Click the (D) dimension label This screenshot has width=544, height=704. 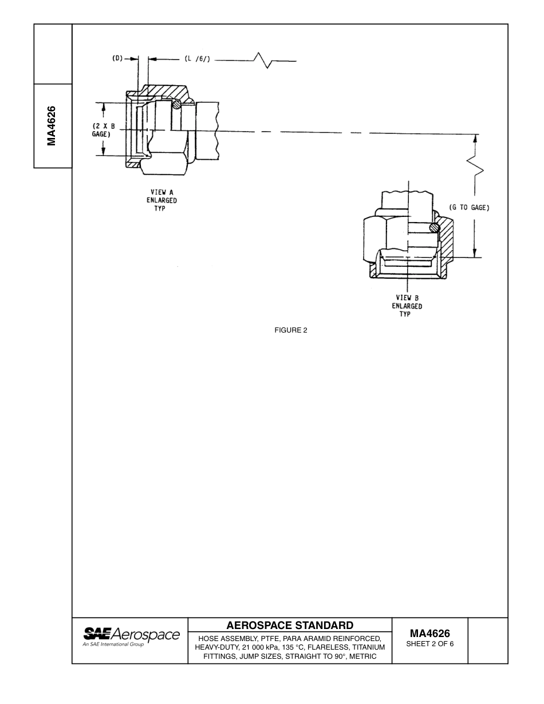[117, 58]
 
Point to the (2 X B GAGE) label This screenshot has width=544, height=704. [104, 130]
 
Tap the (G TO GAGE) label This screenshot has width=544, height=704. [469, 208]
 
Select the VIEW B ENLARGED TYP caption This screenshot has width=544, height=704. [407, 306]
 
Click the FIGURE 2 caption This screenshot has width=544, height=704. [291, 330]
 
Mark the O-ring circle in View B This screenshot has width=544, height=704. [435, 228]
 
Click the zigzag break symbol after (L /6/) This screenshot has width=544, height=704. [265, 60]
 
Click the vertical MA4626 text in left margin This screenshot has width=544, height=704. [52, 126]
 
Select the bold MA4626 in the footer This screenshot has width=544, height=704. [429, 634]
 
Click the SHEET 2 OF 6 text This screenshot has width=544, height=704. [429, 644]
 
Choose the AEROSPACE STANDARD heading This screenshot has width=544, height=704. [290, 625]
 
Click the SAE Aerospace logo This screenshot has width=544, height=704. [131, 634]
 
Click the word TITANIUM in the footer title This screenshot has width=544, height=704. [363, 647]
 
